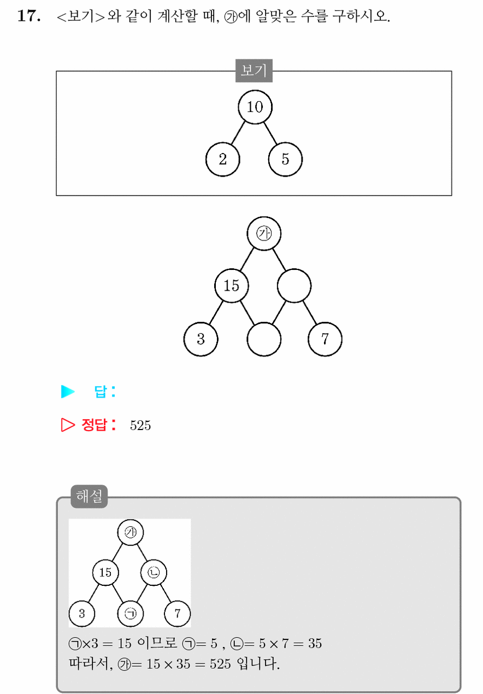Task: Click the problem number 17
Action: click(x=28, y=16)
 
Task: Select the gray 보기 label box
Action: click(x=254, y=70)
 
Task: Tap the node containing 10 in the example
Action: click(x=255, y=107)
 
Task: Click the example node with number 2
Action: click(x=223, y=159)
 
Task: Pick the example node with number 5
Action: click(x=285, y=159)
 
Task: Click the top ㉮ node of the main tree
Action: click(x=264, y=233)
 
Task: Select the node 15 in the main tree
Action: click(x=232, y=286)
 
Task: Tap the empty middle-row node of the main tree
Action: click(x=294, y=286)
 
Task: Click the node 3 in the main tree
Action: click(x=201, y=339)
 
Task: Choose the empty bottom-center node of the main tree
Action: click(x=264, y=339)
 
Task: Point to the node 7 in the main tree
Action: click(x=325, y=339)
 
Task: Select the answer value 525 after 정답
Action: click(x=140, y=425)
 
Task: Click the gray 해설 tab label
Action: click(x=89, y=496)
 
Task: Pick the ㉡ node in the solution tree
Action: click(x=154, y=572)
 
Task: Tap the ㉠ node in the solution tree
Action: click(x=131, y=614)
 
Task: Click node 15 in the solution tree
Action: click(x=105, y=572)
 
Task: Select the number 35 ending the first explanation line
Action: click(x=315, y=644)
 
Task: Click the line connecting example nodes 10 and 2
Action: click(x=238, y=133)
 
